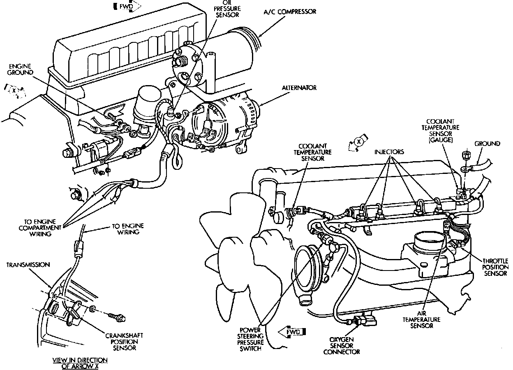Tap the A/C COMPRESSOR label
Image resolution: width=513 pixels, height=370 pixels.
click(x=290, y=12)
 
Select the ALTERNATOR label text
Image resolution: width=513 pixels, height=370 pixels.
click(x=299, y=88)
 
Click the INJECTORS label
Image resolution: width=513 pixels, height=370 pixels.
click(x=389, y=152)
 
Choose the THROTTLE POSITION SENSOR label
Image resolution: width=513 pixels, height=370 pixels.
click(x=495, y=267)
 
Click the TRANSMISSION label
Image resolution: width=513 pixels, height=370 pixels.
click(x=28, y=265)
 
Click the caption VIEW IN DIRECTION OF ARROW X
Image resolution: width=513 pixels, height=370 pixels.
click(x=80, y=363)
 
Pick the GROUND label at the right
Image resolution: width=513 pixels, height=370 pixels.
click(x=488, y=143)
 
